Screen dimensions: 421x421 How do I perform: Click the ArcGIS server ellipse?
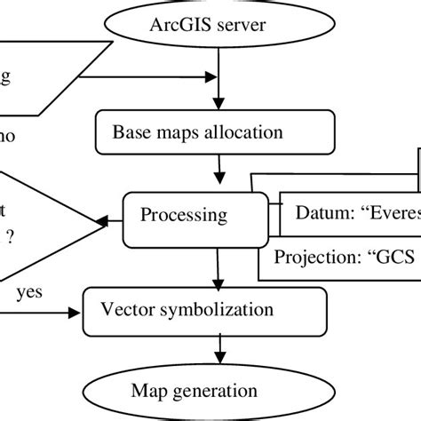click(210, 20)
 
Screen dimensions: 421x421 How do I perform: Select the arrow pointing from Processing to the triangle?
click(114, 217)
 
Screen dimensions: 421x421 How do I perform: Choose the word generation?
click(226, 390)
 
